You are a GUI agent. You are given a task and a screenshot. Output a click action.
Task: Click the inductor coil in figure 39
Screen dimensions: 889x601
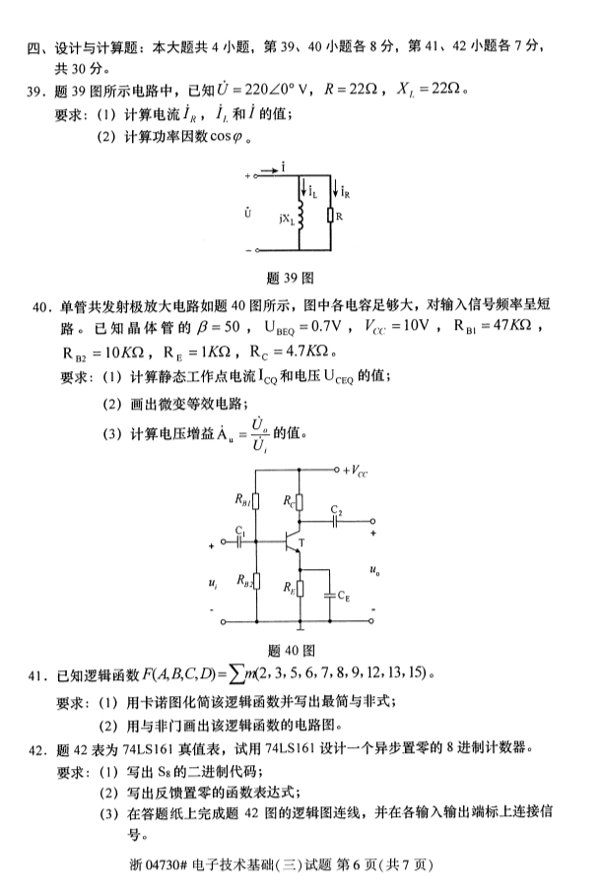[x=302, y=214]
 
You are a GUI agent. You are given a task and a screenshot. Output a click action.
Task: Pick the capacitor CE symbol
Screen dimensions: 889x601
[x=327, y=594]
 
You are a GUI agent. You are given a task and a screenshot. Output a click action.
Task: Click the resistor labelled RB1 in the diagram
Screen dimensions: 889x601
[x=257, y=503]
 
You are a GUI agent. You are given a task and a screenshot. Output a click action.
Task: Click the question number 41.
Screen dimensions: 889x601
[x=36, y=675]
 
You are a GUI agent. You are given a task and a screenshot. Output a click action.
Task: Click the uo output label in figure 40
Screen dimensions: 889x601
[x=374, y=569]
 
